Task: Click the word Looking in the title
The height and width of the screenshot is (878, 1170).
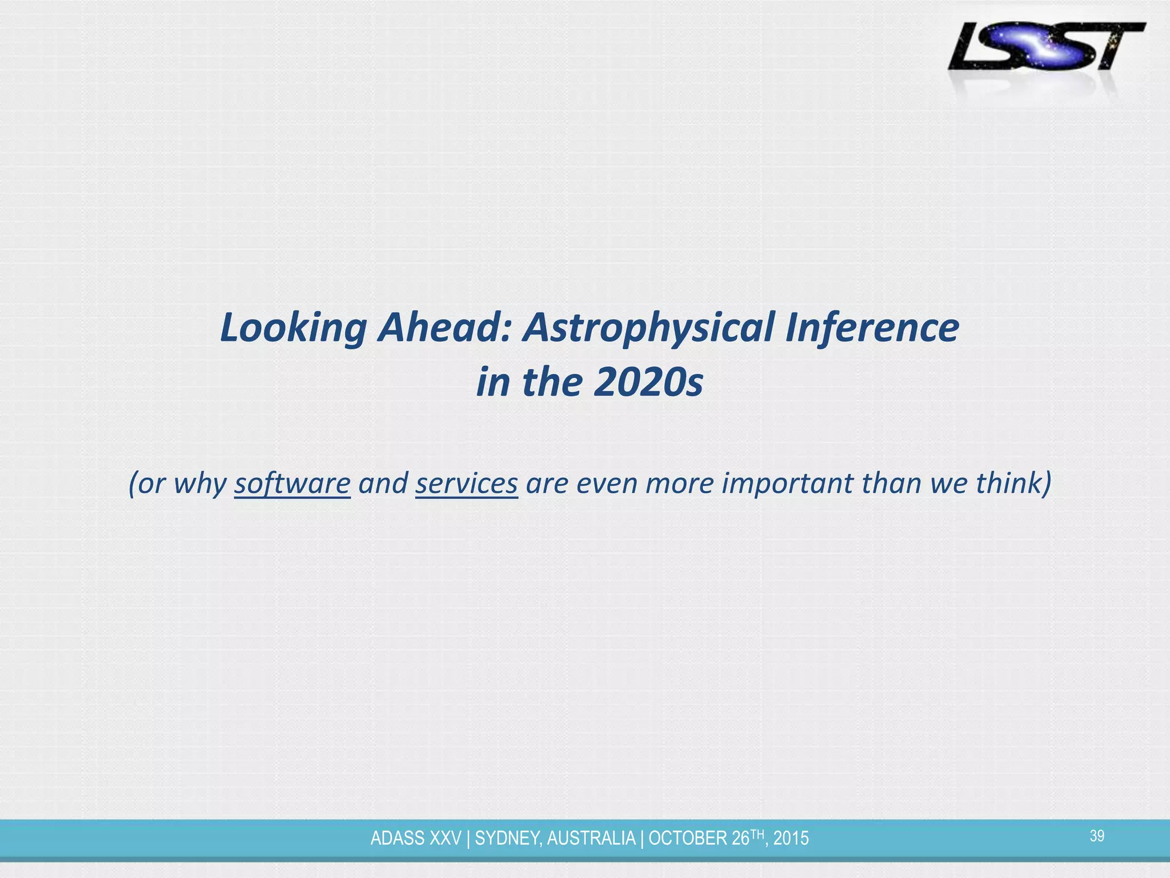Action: click(x=293, y=328)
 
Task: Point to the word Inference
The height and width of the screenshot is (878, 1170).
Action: click(x=872, y=328)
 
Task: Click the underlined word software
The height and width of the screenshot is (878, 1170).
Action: click(x=292, y=483)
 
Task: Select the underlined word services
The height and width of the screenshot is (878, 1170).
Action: click(x=466, y=483)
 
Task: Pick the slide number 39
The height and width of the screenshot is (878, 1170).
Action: click(x=1097, y=836)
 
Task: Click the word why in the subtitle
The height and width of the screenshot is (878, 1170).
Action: click(x=200, y=483)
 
